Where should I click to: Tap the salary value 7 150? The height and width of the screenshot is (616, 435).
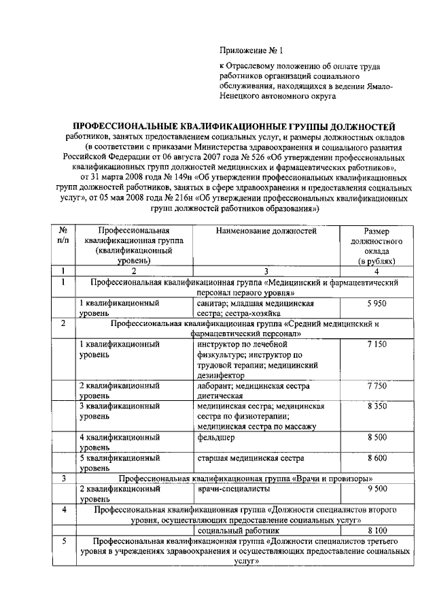point(376,345)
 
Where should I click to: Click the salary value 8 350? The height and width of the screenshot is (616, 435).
point(376,406)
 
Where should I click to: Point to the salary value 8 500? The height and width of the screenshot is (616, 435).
point(376,438)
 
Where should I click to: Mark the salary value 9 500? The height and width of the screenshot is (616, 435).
point(376,489)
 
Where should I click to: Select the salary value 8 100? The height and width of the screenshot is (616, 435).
point(376,530)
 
